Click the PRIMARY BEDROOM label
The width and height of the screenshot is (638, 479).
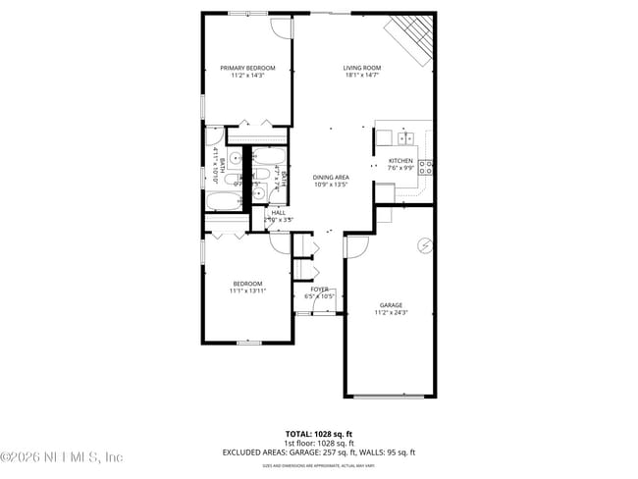tap(247, 68)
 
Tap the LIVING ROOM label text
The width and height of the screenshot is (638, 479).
tap(362, 68)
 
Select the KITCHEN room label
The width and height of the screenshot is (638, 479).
tap(400, 161)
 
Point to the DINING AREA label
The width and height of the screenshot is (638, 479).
tap(332, 177)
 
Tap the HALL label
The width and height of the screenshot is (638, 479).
tap(279, 212)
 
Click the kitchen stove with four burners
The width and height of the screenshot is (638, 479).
tap(426, 167)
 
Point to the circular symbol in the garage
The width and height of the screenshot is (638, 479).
tap(426, 244)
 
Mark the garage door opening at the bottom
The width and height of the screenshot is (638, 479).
tap(390, 397)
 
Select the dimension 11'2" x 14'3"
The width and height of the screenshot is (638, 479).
tap(247, 76)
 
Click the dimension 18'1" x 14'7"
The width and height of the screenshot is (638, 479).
tap(362, 76)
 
